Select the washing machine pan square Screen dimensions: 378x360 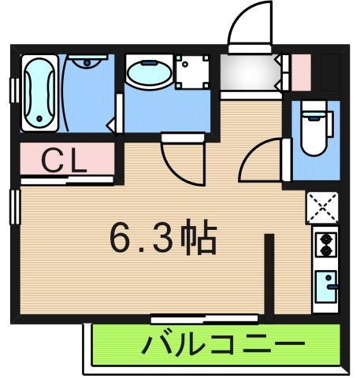[x=192, y=73]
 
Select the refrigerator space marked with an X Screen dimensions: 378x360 [x=322, y=209]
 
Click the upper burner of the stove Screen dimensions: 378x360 [x=324, y=239]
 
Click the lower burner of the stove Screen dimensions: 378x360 [x=324, y=252]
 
